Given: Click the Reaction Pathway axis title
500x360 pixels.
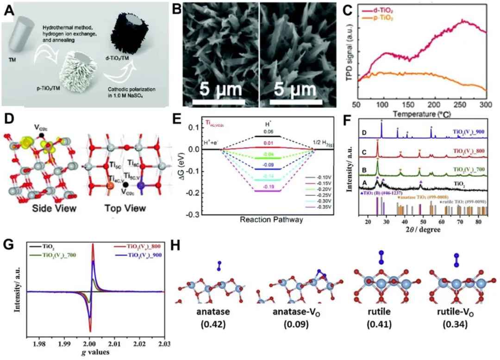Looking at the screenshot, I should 272,220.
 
